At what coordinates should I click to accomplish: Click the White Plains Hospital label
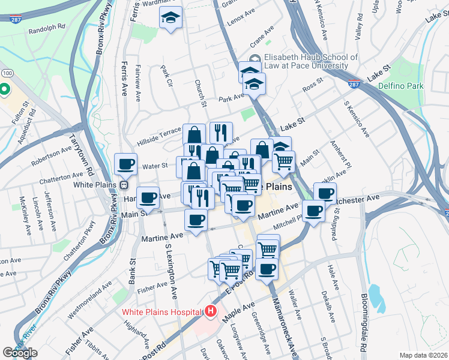click(x=161, y=312)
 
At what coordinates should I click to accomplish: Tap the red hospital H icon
click(x=210, y=311)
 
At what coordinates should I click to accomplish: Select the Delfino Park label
click(x=401, y=86)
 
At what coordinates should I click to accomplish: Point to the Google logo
click(x=20, y=352)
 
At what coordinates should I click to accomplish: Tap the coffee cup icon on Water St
click(x=126, y=164)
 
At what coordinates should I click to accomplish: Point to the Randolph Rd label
click(x=46, y=28)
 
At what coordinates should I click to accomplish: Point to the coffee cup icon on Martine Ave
click(x=196, y=220)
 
